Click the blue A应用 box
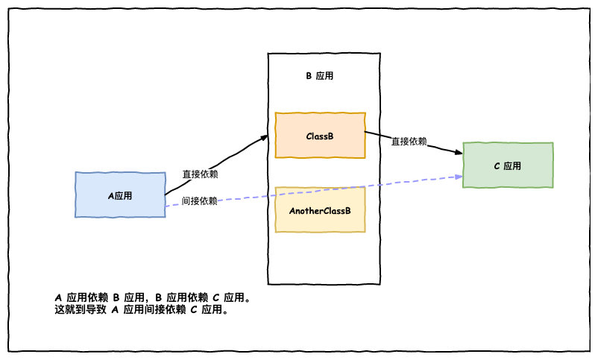(120, 195)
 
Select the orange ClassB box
(320, 135)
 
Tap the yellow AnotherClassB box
(320, 209)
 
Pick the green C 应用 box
(508, 165)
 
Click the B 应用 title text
(324, 77)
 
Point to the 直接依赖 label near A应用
(200, 174)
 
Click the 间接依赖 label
(200, 200)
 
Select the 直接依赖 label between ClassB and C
(409, 141)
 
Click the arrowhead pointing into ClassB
(264, 137)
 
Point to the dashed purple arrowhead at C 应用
(458, 176)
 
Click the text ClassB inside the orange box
(320, 136)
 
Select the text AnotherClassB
(320, 211)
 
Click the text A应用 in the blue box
(120, 195)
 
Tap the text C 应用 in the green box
(508, 165)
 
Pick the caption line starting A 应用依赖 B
(152, 297)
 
